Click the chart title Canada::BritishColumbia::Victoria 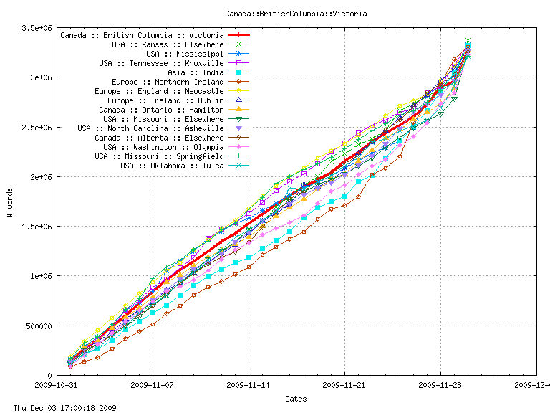point(275,14)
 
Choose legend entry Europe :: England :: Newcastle point(159,91)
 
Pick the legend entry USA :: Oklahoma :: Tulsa point(168,166)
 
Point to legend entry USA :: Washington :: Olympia point(163,147)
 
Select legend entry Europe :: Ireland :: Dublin point(165,100)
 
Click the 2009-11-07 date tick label point(153,385)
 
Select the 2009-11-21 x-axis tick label point(344,385)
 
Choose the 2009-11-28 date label point(440,385)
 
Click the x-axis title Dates point(296,398)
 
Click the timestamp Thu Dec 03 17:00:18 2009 point(59,407)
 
